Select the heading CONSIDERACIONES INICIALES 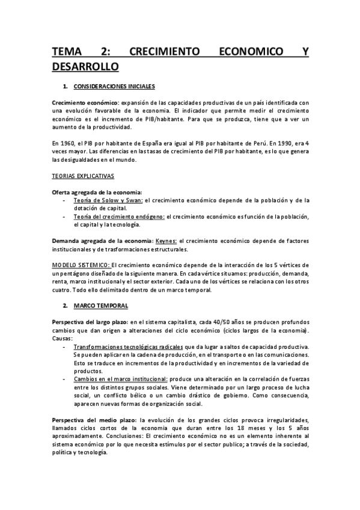point(116,87)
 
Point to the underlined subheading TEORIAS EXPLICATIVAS point(81,176)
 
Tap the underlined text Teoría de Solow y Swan point(108,200)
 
